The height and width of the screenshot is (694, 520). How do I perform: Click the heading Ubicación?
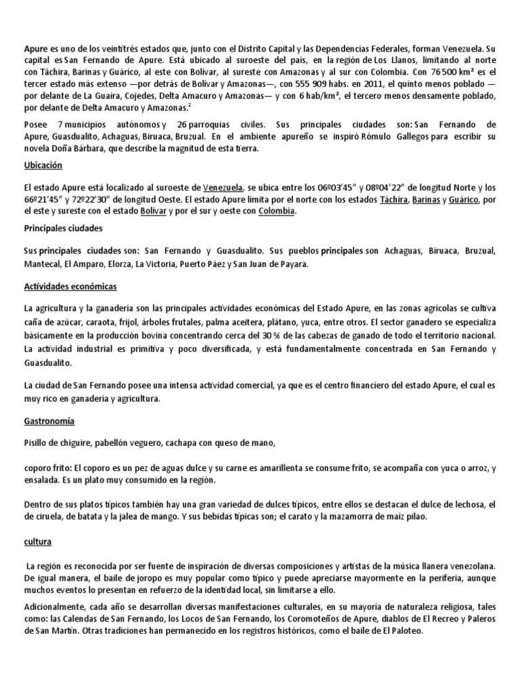(x=43, y=165)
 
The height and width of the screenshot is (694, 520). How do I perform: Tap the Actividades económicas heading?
(x=70, y=287)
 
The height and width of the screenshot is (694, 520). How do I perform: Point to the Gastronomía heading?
(x=49, y=421)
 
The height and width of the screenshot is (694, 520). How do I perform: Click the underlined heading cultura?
(x=38, y=543)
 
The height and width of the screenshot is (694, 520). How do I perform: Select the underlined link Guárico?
(x=462, y=200)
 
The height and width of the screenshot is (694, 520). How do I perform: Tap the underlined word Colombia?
(x=276, y=211)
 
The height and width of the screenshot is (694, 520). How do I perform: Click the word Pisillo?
(x=38, y=443)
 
